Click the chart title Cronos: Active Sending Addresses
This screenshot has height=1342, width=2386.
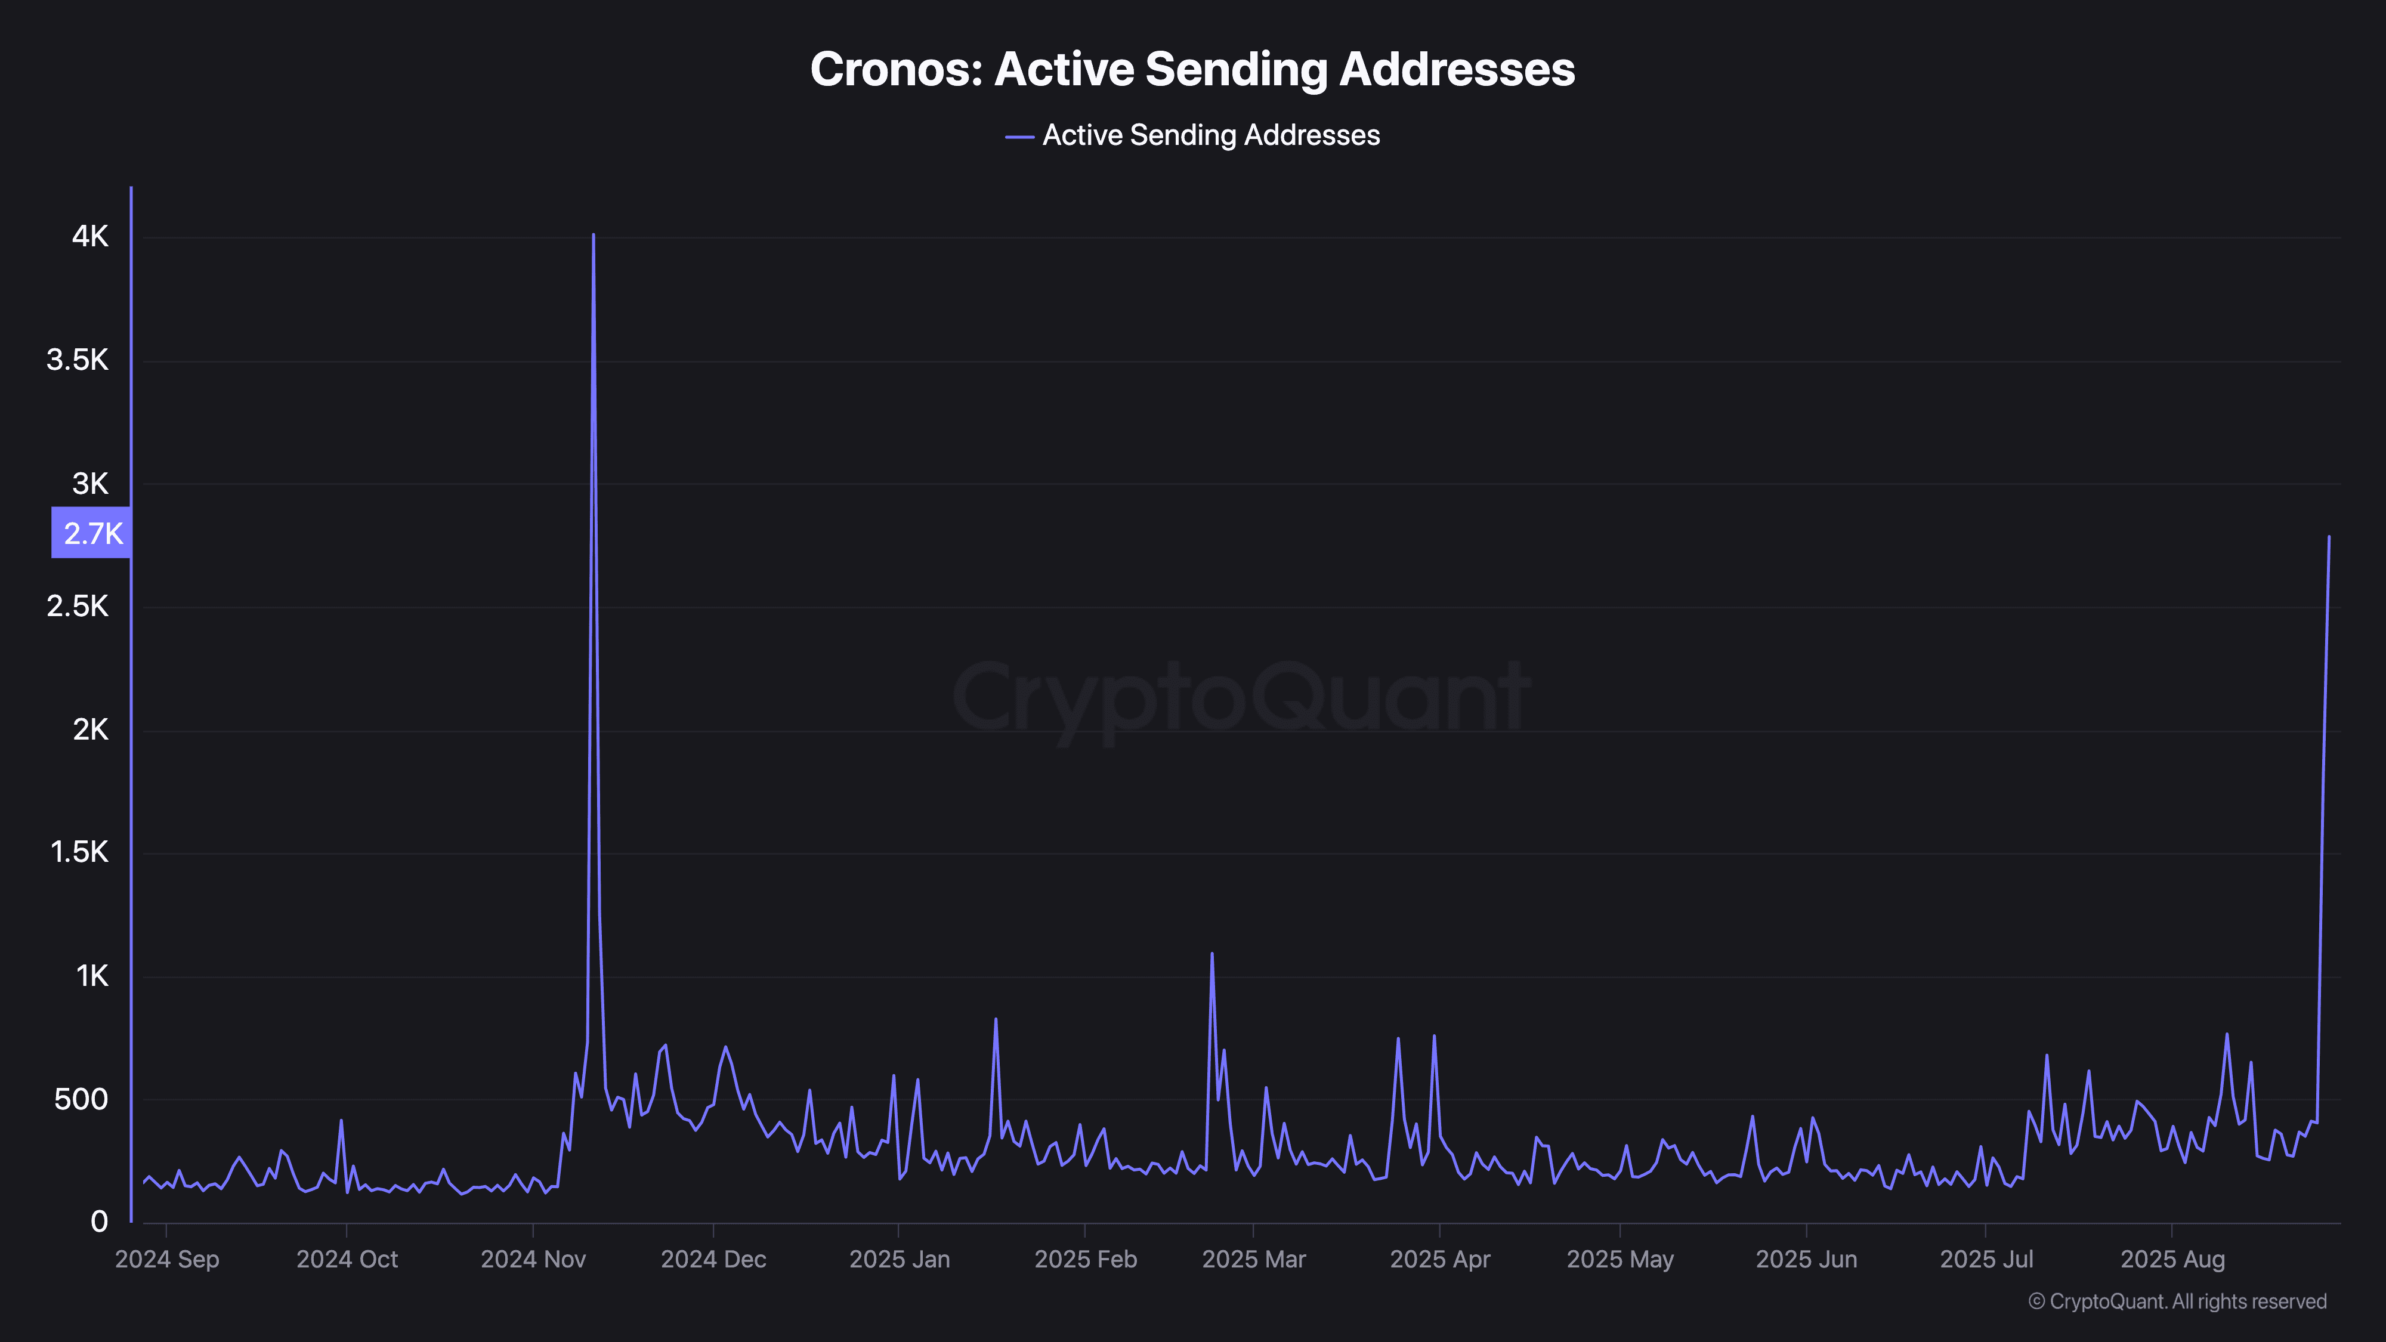pos(1192,69)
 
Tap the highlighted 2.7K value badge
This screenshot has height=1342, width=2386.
pos(92,533)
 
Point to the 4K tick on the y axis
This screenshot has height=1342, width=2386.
pos(90,237)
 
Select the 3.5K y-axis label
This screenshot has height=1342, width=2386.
pos(78,360)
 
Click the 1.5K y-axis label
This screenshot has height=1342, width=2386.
pos(80,853)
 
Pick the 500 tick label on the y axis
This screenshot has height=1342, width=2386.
pos(82,1099)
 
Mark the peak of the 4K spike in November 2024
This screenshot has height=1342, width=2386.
pos(593,235)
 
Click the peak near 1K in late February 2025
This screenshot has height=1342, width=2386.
pos(1211,954)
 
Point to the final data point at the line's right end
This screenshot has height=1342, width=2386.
pos(2329,537)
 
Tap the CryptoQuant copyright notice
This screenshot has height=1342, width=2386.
pos(2177,1302)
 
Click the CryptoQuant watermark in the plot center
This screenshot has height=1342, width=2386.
pos(1241,697)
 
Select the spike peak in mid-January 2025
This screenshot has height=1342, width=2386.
pos(996,1020)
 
